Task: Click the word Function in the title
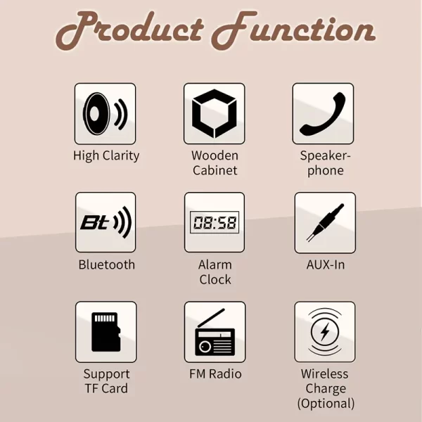(293, 30)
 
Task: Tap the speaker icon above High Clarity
(105, 114)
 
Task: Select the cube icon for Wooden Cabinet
(215, 113)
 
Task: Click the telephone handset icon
(323, 114)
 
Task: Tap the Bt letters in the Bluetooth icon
(95, 222)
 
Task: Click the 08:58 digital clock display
(215, 222)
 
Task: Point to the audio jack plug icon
(325, 222)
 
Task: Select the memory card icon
(106, 332)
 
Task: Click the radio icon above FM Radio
(215, 333)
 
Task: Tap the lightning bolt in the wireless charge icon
(325, 331)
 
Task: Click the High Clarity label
(106, 156)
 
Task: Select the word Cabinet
(215, 170)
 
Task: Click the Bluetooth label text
(107, 264)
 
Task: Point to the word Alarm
(215, 264)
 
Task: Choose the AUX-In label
(326, 264)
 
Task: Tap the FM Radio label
(215, 374)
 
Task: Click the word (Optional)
(326, 403)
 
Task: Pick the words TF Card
(106, 388)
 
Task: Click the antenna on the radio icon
(211, 318)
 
